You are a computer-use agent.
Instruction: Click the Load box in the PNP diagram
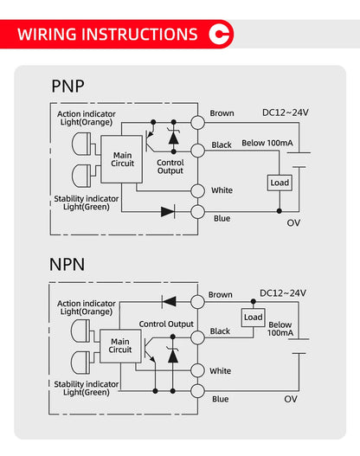[280, 183]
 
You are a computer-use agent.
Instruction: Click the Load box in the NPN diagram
[253, 318]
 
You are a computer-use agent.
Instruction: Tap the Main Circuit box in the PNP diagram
[121, 159]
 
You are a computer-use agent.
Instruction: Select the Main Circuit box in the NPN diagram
[120, 346]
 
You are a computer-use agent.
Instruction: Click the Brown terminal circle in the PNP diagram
[197, 122]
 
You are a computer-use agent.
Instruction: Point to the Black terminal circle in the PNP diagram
[197, 151]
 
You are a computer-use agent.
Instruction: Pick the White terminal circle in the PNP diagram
[197, 191]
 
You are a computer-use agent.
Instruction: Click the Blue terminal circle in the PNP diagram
[197, 212]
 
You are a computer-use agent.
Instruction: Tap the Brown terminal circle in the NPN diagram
[197, 302]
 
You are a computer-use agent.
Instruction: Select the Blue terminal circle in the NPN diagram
[197, 391]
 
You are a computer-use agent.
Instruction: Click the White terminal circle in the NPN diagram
[197, 370]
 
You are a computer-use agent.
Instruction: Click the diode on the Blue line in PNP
[168, 212]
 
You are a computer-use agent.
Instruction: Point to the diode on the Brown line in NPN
[169, 302]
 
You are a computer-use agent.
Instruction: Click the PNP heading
[67, 87]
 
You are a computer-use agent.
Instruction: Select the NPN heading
[67, 265]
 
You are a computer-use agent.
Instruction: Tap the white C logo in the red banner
[219, 35]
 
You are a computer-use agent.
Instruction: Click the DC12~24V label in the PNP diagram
[286, 112]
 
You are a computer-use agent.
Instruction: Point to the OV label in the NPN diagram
[291, 399]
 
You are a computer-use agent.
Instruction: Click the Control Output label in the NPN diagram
[166, 324]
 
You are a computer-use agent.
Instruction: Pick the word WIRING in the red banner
[47, 35]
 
